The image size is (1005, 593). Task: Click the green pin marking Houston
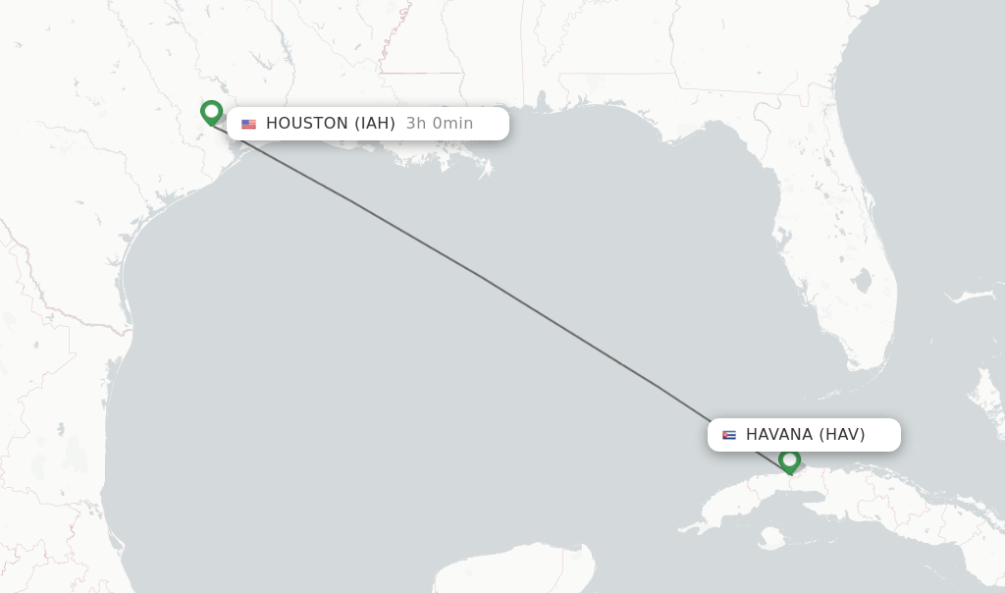[x=211, y=112]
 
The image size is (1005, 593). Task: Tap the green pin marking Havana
[x=789, y=459]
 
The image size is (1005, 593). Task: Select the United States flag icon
[x=248, y=124]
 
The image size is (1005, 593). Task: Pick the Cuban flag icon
[x=729, y=435]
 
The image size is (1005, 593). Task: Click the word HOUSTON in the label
[x=306, y=124]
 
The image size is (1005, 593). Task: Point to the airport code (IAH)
[x=375, y=124]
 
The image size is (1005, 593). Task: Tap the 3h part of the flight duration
[x=415, y=124]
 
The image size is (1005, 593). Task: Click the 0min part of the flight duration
[x=452, y=124]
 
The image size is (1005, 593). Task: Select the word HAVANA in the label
[x=778, y=435]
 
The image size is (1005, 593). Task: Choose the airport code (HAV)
[x=842, y=435]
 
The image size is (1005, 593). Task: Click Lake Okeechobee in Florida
[x=863, y=283]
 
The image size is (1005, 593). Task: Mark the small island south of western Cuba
[x=772, y=538]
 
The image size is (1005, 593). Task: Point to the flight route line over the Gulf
[x=481, y=276]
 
